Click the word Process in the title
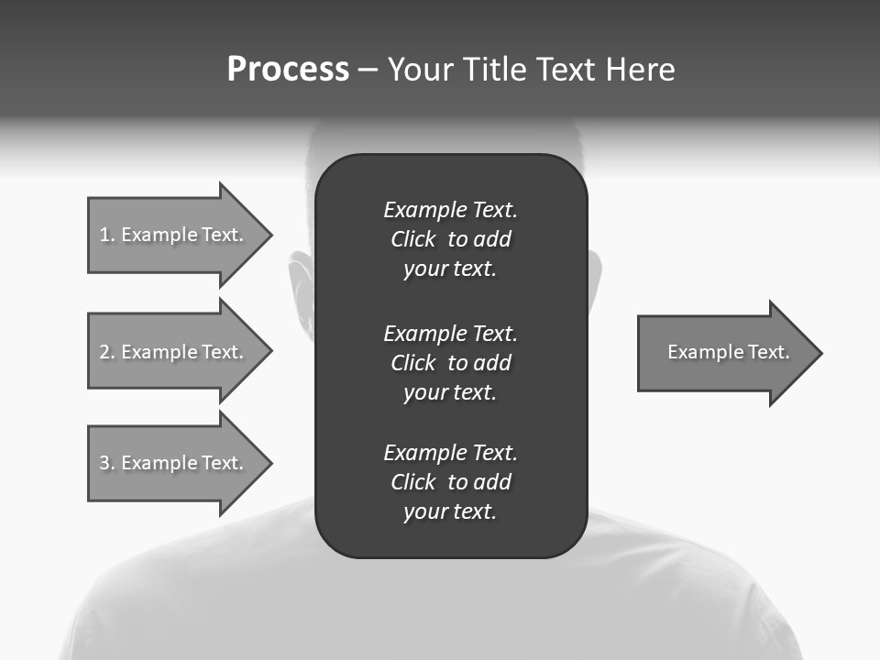click(x=288, y=70)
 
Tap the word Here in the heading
click(x=640, y=70)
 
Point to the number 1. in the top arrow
click(x=107, y=235)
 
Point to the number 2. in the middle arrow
click(x=107, y=352)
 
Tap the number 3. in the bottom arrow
click(x=107, y=463)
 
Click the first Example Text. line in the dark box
click(x=450, y=210)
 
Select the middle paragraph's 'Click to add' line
click(x=450, y=363)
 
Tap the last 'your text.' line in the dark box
click(x=450, y=511)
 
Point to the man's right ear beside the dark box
click(x=595, y=275)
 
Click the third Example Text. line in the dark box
click(x=450, y=453)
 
